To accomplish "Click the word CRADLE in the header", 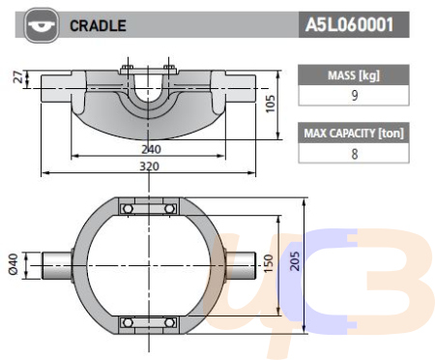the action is point(98,26).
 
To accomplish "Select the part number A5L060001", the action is point(349,25).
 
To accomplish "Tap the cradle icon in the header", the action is point(42,25).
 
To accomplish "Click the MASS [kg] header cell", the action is point(354,75).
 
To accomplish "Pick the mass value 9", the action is point(355,96).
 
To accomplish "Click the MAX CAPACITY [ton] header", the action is point(354,133).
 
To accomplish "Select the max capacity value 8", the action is point(355,154).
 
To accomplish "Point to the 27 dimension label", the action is point(18,77).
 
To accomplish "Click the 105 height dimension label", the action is point(270,104).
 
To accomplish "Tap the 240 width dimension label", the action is point(151,149).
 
